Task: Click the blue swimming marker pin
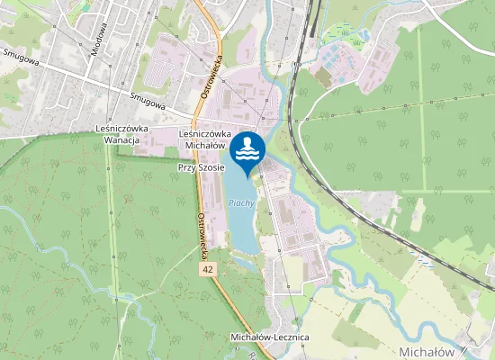(x=247, y=150)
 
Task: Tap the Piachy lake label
(x=242, y=203)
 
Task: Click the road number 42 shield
(x=208, y=269)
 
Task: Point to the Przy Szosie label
(x=201, y=167)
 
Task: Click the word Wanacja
(x=121, y=140)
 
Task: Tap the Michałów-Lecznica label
(x=270, y=337)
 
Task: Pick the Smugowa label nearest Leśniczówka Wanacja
(x=147, y=102)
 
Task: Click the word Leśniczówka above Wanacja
(x=121, y=129)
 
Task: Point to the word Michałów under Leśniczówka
(x=205, y=144)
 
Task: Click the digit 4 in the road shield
(x=205, y=269)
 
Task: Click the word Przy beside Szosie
(x=186, y=167)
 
